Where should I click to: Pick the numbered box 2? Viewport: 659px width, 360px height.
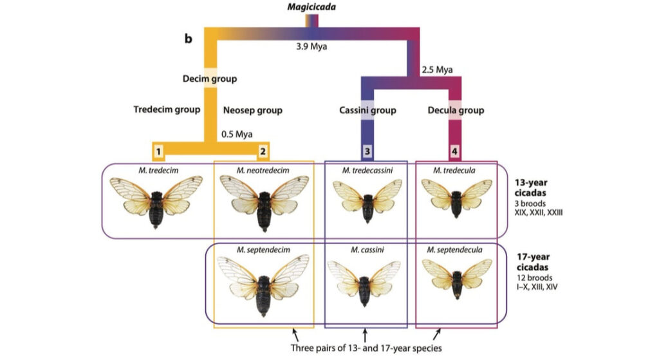pyautogui.click(x=263, y=151)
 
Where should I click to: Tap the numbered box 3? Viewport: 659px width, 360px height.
pyautogui.click(x=367, y=151)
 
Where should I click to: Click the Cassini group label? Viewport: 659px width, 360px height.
pyautogui.click(x=367, y=111)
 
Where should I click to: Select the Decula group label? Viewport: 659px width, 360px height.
pyautogui.click(x=456, y=111)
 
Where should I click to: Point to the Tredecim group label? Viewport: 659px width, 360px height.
pyautogui.click(x=166, y=110)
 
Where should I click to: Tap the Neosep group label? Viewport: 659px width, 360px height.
pyautogui.click(x=252, y=110)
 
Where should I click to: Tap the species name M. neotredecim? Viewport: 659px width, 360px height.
pyautogui.click(x=261, y=170)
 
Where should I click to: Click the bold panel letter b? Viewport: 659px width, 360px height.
pyautogui.click(x=189, y=39)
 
